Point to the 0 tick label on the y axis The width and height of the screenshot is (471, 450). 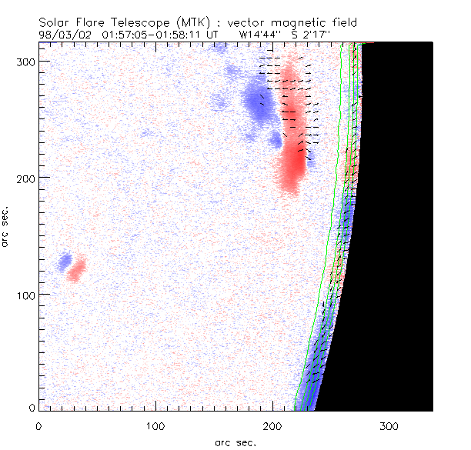32,407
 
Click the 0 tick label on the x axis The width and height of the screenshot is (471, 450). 38,425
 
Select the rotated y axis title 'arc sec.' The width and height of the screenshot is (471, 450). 7,226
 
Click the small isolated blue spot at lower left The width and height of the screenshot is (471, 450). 65,261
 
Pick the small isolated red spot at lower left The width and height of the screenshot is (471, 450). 76,270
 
